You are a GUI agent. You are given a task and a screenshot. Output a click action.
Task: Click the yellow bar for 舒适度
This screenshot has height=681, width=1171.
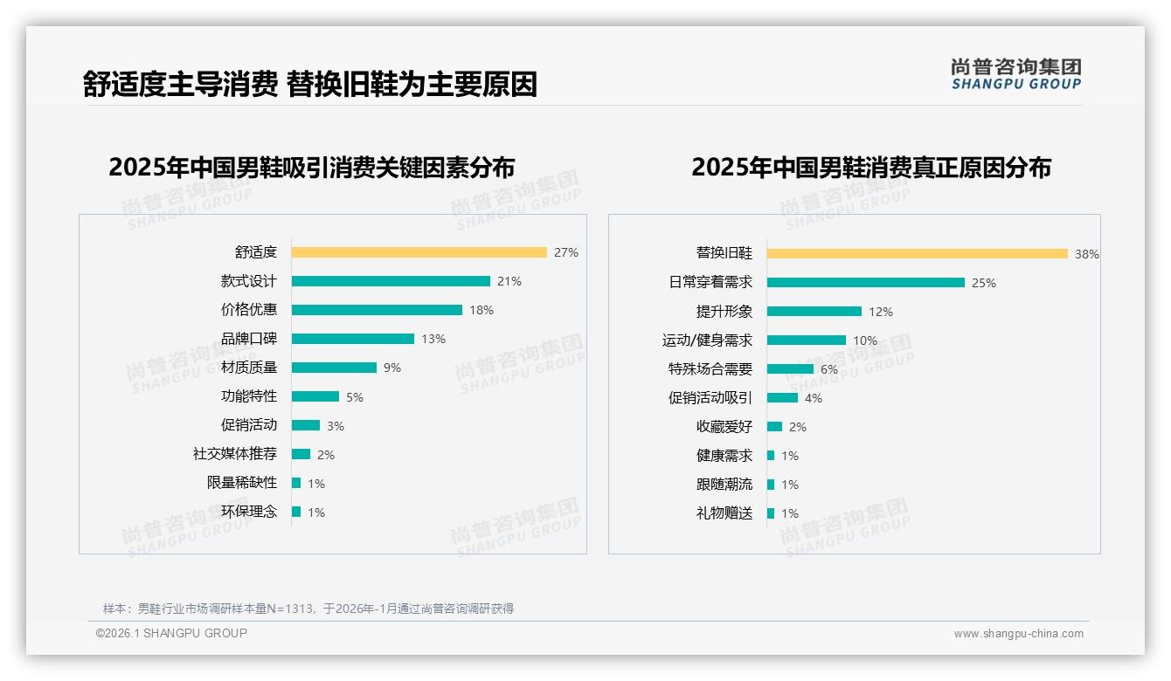point(419,252)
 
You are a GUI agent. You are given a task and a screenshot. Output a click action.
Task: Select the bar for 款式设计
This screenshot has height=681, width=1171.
point(391,281)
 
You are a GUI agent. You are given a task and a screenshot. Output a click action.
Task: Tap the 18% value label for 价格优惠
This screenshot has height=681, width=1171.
point(482,310)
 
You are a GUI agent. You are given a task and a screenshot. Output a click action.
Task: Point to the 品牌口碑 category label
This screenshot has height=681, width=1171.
point(248,339)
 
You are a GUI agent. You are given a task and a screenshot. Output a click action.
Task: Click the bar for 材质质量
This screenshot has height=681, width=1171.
point(334,368)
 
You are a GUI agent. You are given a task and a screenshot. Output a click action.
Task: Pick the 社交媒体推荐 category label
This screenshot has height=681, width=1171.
point(234,454)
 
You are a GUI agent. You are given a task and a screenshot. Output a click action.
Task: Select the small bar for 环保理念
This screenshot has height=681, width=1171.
point(296,512)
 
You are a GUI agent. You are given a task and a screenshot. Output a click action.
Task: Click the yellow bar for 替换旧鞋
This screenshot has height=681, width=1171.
point(917,254)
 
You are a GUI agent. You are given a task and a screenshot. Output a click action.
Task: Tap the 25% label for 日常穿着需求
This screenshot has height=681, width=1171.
point(984,283)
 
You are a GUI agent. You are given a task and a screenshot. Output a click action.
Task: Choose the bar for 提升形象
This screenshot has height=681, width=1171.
point(814,312)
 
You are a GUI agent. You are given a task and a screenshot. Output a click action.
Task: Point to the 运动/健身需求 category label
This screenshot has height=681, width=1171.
point(707,340)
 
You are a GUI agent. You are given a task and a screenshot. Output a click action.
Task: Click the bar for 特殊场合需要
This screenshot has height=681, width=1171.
point(790,369)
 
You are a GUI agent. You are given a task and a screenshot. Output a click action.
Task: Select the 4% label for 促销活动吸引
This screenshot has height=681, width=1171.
point(814,398)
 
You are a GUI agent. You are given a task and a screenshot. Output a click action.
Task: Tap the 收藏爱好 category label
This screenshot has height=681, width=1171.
point(724,427)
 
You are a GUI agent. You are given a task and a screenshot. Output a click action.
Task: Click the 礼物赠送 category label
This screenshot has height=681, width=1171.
point(724,513)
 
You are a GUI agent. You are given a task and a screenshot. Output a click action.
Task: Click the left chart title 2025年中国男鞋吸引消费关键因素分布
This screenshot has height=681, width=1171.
point(311,167)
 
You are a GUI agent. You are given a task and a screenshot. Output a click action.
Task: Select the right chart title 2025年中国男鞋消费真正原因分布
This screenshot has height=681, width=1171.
point(870,167)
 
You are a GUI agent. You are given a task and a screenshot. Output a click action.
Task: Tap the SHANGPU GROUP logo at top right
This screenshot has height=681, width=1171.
point(1015,74)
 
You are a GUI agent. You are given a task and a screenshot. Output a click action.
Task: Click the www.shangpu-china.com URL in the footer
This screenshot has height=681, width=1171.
point(1018,634)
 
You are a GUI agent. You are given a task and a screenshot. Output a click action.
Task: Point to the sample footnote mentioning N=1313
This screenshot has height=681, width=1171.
point(308,609)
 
